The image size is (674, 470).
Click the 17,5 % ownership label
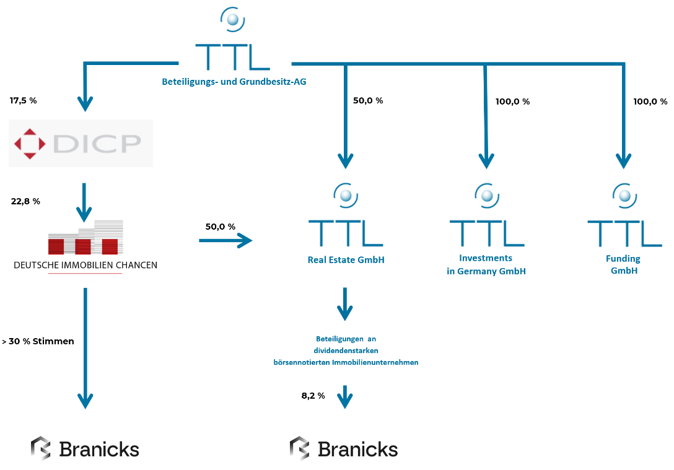coord(24,100)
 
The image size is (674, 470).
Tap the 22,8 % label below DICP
coord(25,201)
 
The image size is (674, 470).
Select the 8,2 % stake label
coord(313,396)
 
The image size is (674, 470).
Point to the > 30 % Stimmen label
coord(38,341)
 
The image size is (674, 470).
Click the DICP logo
coord(81,144)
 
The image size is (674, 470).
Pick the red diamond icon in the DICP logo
coord(30,144)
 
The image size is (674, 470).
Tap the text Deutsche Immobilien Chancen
coord(85,265)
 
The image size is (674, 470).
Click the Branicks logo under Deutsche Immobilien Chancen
coord(85,449)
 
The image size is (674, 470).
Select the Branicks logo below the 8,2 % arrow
coord(344,449)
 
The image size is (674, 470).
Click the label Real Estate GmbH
coord(346,260)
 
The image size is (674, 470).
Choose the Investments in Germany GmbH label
coord(486,264)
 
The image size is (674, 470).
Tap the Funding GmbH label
coord(624,264)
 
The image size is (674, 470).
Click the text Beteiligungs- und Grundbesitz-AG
coord(234,82)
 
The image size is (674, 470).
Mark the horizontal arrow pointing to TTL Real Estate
coord(226,240)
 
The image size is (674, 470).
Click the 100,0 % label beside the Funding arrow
coord(650,102)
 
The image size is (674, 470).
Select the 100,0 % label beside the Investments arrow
coord(512,102)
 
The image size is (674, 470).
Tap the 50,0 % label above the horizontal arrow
coord(221,227)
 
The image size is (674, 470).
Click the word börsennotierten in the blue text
coord(302,362)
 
